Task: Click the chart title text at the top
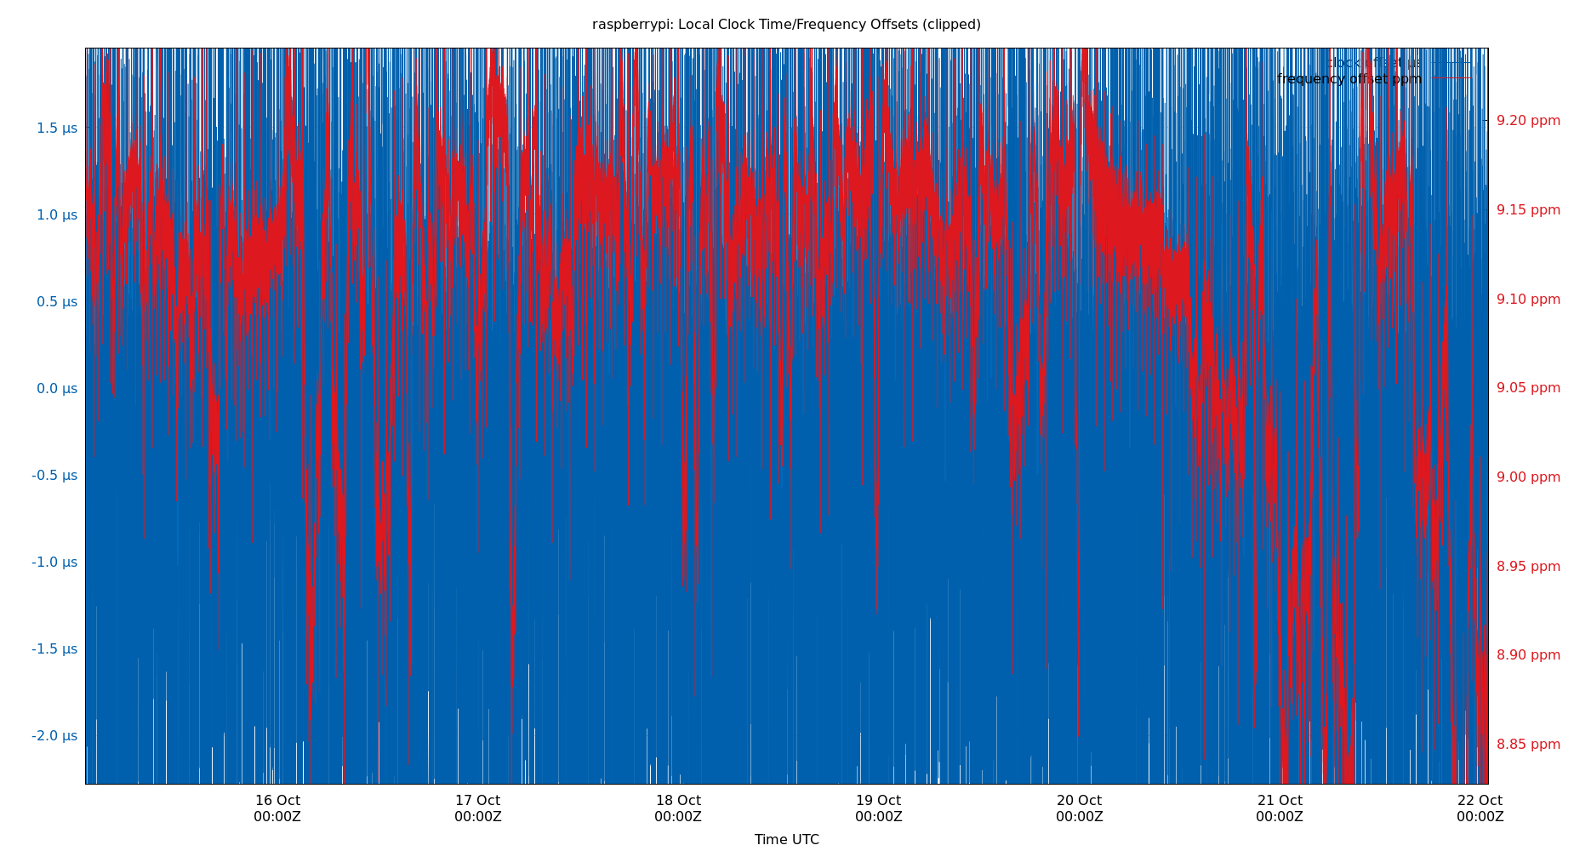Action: click(x=786, y=25)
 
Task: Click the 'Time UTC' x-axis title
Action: click(x=786, y=839)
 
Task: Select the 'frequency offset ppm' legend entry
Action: click(x=1349, y=79)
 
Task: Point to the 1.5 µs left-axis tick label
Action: click(x=56, y=128)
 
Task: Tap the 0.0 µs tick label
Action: click(x=56, y=388)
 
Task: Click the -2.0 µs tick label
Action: click(x=54, y=735)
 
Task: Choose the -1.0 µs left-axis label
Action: click(x=54, y=562)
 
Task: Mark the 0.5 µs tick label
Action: click(x=56, y=301)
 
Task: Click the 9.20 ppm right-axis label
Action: click(x=1528, y=121)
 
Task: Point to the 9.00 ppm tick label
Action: click(x=1528, y=477)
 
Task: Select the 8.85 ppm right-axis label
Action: click(x=1528, y=745)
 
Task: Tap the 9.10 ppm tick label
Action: click(x=1528, y=300)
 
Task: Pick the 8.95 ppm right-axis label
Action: click(x=1528, y=567)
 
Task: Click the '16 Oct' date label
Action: click(x=277, y=801)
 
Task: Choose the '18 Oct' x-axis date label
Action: click(x=678, y=801)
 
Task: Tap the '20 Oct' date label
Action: click(x=1079, y=801)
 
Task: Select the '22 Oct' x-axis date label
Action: click(x=1480, y=801)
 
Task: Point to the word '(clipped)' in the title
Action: click(x=951, y=25)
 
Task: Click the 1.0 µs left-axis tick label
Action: click(x=56, y=214)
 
